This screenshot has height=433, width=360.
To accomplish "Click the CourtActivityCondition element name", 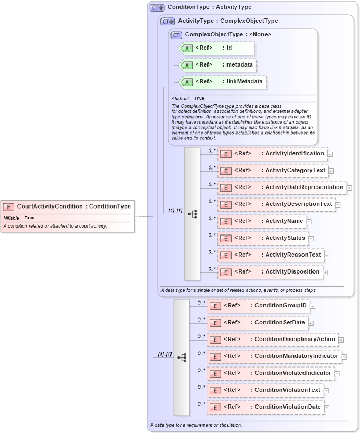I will pos(50,206).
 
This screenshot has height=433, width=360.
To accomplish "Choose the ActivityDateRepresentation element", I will pos(282,187).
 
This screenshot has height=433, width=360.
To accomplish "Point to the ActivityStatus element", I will pos(263,238).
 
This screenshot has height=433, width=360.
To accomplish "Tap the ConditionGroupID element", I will pos(258,306).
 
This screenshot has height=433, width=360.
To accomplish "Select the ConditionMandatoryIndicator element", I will pos(274,356).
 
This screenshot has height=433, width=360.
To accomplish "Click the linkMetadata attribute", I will pos(223,82).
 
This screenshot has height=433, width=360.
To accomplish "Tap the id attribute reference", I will pos(217,48).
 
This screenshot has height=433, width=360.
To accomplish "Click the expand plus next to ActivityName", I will pos(309,222).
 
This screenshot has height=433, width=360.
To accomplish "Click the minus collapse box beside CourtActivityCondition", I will pos(137,216).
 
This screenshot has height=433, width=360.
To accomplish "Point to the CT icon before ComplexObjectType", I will pos(176,35).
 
